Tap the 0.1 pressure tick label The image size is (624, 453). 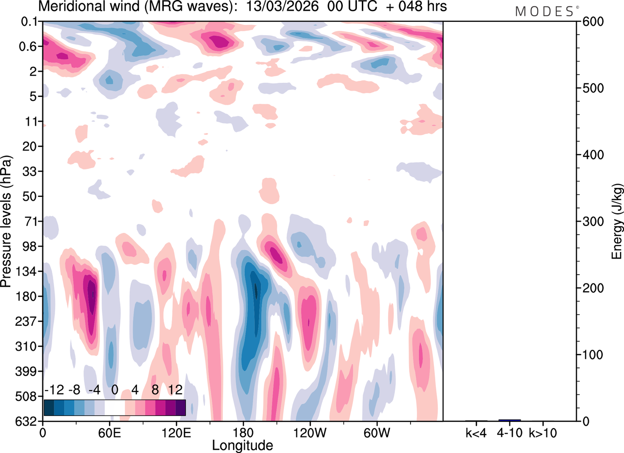(x=30, y=21)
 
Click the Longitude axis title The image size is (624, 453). (x=242, y=445)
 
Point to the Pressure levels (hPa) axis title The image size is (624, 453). (x=6, y=222)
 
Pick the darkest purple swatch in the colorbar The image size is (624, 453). (x=181, y=407)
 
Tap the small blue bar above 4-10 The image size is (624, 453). (x=509, y=420)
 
